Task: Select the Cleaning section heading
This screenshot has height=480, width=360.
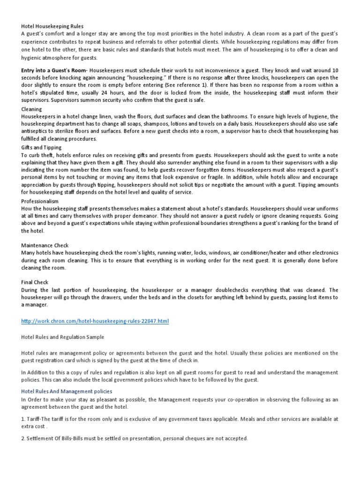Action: pyautogui.click(x=31, y=109)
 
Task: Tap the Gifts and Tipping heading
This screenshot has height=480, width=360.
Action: pyautogui.click(x=40, y=147)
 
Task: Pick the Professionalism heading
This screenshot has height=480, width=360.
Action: pyautogui.click(x=40, y=200)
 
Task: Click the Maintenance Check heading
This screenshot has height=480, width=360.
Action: pyautogui.click(x=45, y=245)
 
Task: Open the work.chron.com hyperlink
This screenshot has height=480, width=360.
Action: pyautogui.click(x=95, y=321)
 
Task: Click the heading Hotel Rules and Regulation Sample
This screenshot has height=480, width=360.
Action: pyautogui.click(x=62, y=337)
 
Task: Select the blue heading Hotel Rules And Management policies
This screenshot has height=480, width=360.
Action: pyautogui.click(x=67, y=391)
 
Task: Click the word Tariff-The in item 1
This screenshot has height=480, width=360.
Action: pyautogui.click(x=40, y=419)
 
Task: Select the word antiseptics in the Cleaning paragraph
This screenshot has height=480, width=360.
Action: pyautogui.click(x=37, y=131)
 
